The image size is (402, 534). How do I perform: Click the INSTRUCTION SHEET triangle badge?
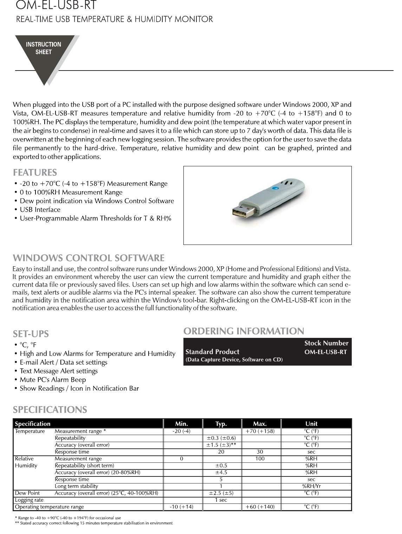coord(44,53)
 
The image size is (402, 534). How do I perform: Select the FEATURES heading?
coord(35,173)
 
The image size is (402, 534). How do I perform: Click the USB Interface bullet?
coord(40,210)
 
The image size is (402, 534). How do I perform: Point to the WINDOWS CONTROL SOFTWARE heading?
coord(89,258)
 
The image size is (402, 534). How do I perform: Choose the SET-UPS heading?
coord(31,334)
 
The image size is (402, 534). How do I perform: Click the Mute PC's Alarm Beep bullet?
coord(53,380)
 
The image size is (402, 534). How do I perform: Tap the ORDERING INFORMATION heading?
coord(244,331)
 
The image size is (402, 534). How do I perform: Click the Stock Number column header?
coord(326,343)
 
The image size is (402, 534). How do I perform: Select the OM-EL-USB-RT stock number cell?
coord(325,352)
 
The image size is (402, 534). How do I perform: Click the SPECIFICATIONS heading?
coord(50,409)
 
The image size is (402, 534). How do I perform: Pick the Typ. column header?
coord(221,423)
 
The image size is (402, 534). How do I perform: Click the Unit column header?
coord(311,423)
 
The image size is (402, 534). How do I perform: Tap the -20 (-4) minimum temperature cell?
coord(182,431)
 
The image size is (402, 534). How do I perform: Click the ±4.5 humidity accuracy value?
coord(221,472)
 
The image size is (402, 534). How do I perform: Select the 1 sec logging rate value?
coord(221,500)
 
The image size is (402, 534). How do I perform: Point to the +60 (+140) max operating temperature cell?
coord(260,507)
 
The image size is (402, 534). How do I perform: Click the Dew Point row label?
coord(27,493)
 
